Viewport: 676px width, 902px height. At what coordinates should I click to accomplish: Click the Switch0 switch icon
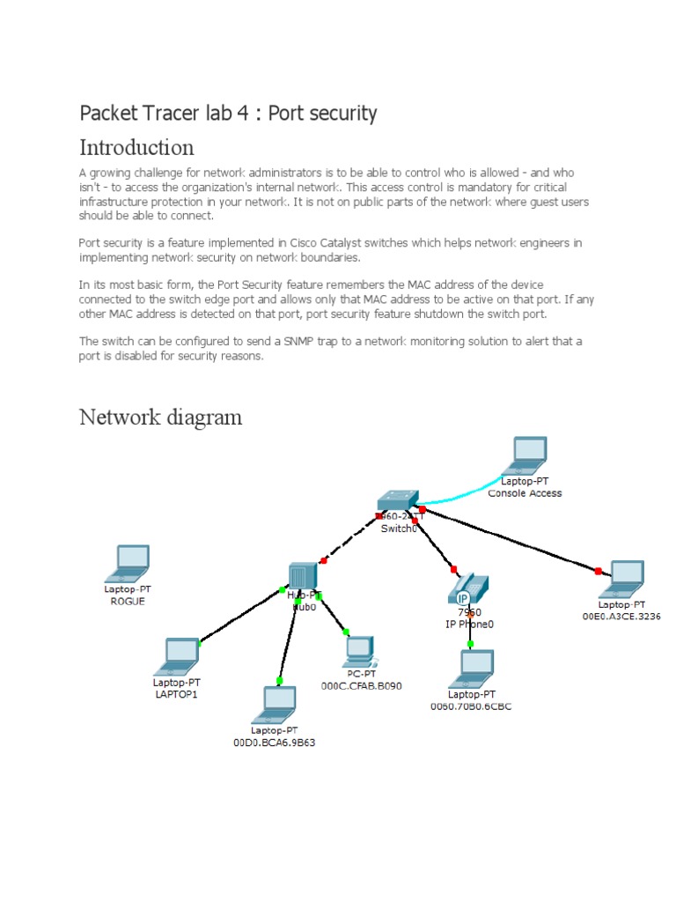398,501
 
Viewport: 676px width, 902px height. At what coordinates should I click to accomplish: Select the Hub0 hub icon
302,575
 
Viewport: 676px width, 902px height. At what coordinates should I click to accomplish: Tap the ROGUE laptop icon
131,561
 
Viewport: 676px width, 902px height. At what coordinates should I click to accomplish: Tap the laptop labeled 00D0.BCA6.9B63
278,703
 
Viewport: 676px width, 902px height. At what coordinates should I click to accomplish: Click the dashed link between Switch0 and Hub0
349,539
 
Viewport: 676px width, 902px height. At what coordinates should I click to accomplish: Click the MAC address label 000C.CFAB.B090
361,685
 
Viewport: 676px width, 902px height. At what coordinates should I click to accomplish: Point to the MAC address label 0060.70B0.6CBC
471,706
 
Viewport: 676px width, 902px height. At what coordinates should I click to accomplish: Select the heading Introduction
136,146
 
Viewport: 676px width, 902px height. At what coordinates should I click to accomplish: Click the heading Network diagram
160,416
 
